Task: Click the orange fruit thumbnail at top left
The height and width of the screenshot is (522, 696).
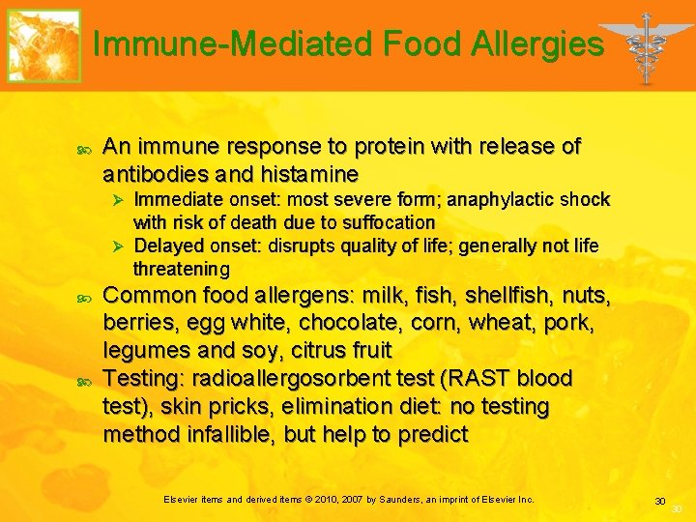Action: tap(43, 45)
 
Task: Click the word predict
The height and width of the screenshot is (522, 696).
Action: tap(430, 434)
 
